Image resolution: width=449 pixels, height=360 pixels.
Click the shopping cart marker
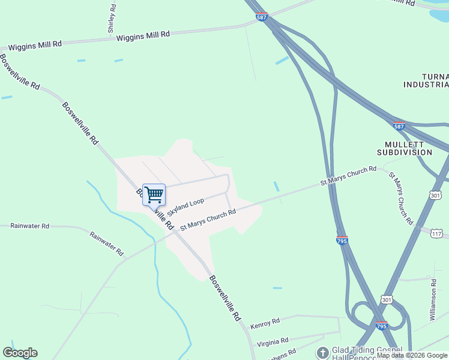click(x=154, y=194)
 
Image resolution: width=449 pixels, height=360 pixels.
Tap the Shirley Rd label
click(x=112, y=18)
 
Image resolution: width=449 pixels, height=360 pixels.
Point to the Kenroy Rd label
click(x=265, y=323)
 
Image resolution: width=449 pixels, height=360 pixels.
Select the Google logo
click(x=20, y=353)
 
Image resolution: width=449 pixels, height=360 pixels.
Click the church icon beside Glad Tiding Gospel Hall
click(x=322, y=352)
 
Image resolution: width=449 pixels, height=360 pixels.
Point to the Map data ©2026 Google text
click(x=412, y=356)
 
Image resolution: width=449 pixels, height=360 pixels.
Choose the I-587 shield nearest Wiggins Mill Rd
click(x=261, y=17)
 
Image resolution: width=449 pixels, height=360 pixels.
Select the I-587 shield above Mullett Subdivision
click(x=399, y=126)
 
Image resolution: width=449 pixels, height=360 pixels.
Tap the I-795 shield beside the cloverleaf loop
click(x=382, y=326)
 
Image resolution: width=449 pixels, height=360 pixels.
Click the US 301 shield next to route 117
click(x=436, y=195)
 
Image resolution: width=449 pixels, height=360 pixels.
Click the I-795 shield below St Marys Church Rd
click(x=342, y=241)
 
